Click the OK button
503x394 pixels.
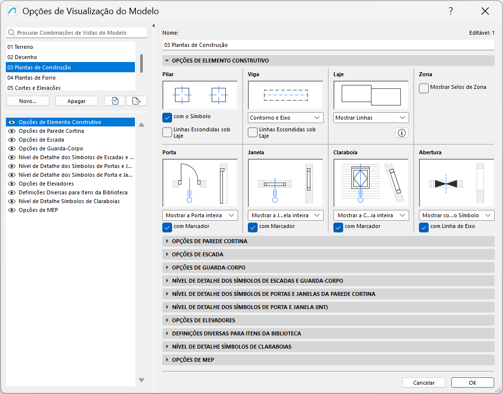(x=472, y=383)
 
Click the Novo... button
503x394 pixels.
(x=28, y=101)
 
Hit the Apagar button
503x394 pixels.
(x=76, y=101)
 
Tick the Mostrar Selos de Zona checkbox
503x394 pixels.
(x=424, y=88)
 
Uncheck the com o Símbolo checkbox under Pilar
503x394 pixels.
(x=167, y=117)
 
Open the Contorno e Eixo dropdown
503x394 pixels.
(x=285, y=118)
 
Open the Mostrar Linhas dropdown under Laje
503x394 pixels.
(x=371, y=118)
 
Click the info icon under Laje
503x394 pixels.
(x=402, y=133)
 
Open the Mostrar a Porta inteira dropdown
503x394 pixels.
(x=199, y=215)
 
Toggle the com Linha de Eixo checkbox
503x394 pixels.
(x=424, y=227)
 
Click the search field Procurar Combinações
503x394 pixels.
(x=78, y=33)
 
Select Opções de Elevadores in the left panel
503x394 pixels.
(x=46, y=184)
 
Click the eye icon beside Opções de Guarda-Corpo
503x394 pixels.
(x=12, y=148)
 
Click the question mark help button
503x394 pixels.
(x=451, y=11)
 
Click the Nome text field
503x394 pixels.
(x=328, y=45)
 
